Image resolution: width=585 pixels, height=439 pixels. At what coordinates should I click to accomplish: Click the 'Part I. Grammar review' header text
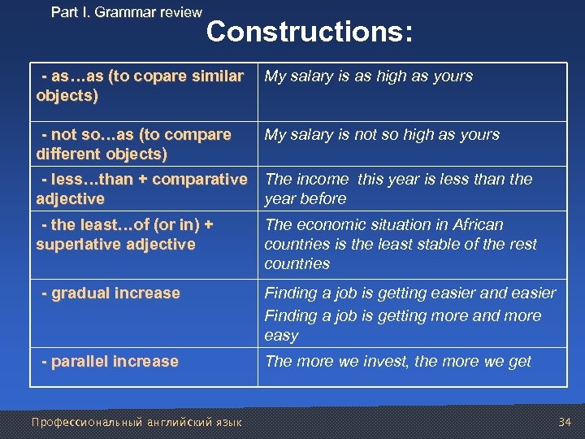click(126, 12)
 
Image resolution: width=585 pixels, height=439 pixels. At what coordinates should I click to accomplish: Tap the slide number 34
click(565, 421)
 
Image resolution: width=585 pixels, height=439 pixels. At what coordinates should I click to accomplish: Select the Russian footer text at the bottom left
click(136, 422)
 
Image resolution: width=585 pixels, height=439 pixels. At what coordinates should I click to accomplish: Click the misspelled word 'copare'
click(161, 76)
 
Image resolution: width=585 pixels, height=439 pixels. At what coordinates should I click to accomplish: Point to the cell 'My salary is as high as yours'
click(369, 76)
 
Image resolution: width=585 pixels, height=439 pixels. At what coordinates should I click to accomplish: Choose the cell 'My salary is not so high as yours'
click(382, 135)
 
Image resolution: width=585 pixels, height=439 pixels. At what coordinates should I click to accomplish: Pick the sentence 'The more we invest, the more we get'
click(398, 361)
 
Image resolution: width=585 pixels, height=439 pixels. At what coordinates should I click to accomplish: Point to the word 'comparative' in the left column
click(202, 179)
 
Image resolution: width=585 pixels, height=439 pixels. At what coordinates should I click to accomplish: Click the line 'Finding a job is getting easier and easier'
click(410, 293)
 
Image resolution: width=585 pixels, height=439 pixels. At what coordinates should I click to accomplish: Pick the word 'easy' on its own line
click(281, 335)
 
